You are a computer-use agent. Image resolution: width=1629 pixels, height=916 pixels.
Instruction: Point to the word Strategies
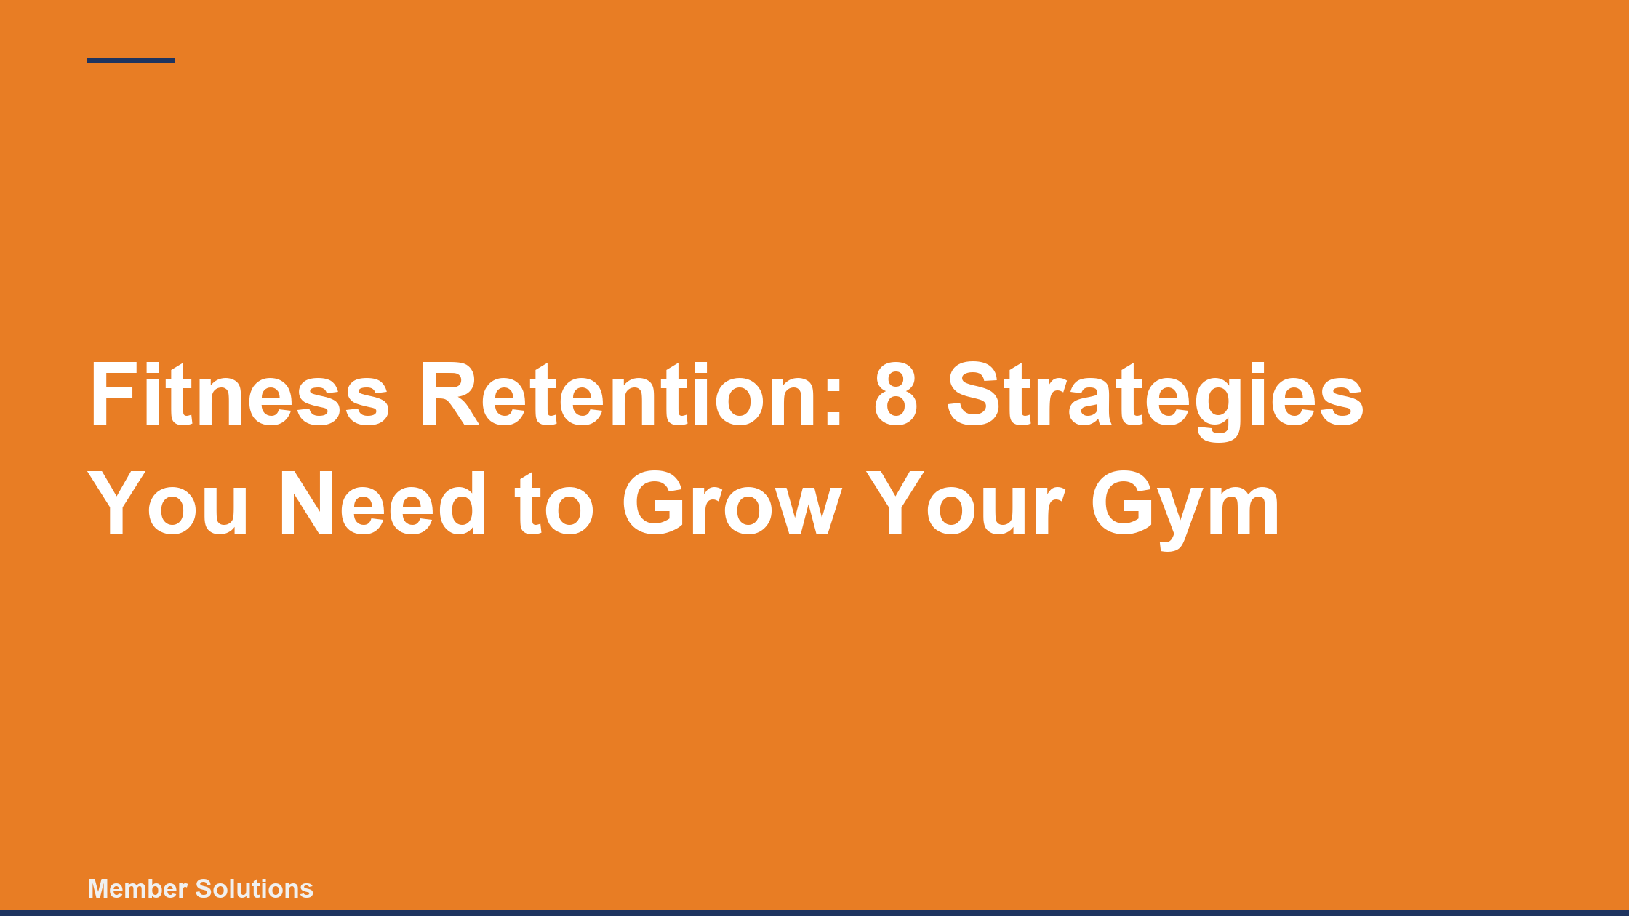pos(1155,396)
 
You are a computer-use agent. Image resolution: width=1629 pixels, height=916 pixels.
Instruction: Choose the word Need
pos(383,503)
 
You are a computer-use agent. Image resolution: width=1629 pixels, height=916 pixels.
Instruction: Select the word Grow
pos(731,503)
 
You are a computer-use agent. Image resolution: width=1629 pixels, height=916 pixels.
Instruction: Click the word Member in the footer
pos(138,889)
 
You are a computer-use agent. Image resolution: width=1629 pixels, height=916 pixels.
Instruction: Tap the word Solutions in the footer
pos(255,889)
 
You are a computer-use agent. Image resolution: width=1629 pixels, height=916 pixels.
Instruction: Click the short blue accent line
pos(131,61)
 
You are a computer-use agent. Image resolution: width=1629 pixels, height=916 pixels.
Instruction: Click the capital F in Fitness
pos(111,394)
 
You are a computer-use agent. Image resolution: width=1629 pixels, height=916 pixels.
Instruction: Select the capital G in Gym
pos(1119,503)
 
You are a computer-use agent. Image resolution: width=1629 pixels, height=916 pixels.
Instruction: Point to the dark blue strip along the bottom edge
pos(814,913)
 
